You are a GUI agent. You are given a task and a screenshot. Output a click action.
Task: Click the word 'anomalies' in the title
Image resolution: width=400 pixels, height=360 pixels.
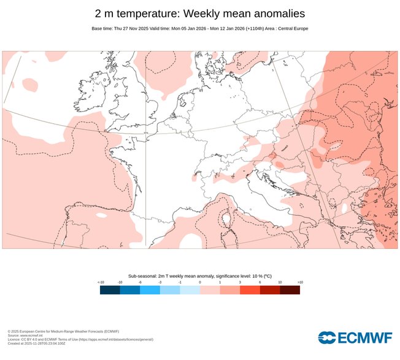[x=274, y=13]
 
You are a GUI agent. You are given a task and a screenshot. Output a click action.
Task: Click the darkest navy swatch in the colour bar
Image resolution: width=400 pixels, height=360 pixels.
[x=110, y=290]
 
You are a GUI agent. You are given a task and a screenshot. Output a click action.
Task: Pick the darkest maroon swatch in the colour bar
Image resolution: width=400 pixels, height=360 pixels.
[x=290, y=290]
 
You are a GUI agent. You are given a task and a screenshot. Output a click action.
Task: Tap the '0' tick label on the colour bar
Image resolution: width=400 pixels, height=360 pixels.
[x=200, y=282]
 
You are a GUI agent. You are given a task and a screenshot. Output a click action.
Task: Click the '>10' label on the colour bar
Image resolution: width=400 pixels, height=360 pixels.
[x=299, y=282]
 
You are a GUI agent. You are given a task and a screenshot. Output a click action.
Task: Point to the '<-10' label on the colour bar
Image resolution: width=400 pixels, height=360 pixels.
[x=101, y=282]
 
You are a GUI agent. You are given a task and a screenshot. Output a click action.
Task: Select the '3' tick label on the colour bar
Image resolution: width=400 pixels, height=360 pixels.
[x=240, y=282]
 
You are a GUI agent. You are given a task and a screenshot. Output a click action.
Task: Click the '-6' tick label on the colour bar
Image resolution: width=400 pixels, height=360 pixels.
[x=140, y=282]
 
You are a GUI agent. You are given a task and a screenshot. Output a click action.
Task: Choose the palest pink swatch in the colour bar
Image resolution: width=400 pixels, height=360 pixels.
[x=210, y=290]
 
